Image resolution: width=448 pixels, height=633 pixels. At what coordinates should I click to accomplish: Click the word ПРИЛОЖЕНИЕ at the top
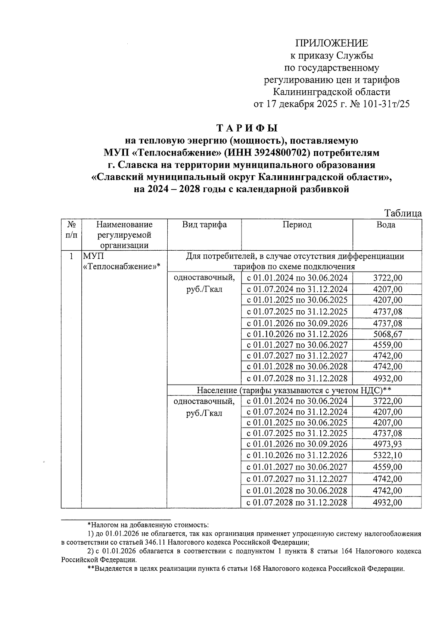click(332, 43)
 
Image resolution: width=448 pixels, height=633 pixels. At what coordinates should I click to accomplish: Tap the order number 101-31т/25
click(386, 104)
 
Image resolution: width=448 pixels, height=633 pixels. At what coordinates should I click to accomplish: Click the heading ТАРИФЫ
click(248, 128)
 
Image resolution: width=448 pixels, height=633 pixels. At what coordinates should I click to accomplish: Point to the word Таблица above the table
click(403, 213)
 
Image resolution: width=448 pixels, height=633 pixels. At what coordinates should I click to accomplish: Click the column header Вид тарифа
click(204, 225)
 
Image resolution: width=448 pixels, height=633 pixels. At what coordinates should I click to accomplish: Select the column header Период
click(297, 225)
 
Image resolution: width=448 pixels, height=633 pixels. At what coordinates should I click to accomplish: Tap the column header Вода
click(386, 225)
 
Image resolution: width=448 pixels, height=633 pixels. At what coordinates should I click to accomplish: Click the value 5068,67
click(388, 334)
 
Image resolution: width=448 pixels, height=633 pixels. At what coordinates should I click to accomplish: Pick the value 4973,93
click(388, 444)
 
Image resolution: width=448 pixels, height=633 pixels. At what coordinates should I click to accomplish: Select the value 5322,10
click(388, 455)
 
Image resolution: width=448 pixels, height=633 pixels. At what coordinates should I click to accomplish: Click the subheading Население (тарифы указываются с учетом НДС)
click(294, 390)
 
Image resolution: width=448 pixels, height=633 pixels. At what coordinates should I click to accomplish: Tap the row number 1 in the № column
click(71, 257)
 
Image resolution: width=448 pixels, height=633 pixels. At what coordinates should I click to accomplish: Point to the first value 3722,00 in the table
click(388, 278)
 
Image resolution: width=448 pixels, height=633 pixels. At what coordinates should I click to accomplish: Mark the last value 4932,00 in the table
click(388, 502)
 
